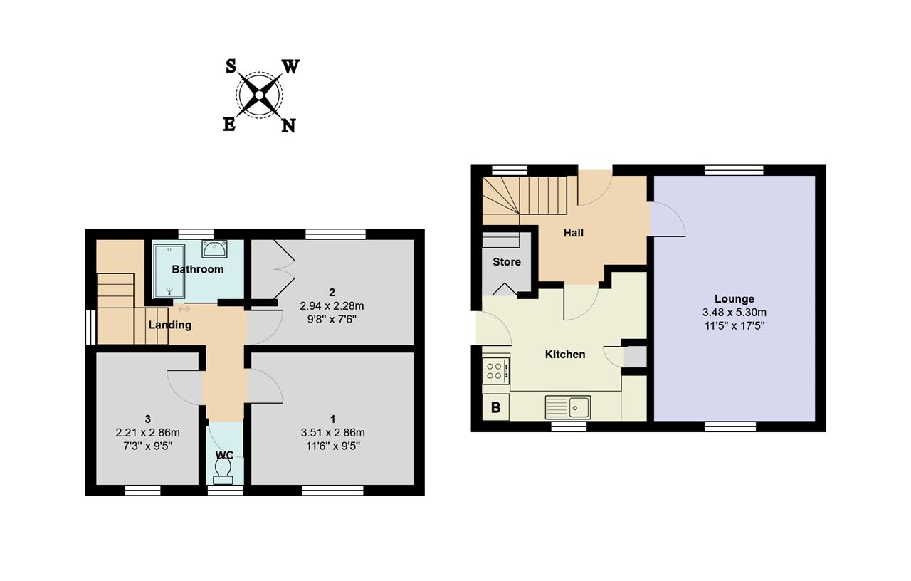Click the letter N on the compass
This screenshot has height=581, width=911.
(288, 126)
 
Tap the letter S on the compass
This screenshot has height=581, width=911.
(231, 66)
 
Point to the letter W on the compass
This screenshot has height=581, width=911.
(291, 66)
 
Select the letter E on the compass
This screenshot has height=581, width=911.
(229, 124)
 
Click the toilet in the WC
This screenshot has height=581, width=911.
(223, 472)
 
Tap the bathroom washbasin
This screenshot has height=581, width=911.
(214, 248)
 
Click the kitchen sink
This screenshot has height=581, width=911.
(568, 407)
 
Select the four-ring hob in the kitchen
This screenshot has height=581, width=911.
(496, 371)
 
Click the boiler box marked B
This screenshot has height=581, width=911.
(495, 407)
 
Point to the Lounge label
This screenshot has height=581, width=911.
(734, 299)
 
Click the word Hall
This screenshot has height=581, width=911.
(574, 233)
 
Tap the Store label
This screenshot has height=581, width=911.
(507, 261)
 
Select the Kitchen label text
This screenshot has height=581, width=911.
(565, 355)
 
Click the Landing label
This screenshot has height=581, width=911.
(170, 325)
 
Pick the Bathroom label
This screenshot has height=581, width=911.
(198, 269)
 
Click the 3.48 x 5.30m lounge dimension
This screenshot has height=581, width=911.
(734, 313)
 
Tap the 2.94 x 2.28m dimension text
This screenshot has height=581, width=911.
(332, 305)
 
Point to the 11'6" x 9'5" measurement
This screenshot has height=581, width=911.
(333, 446)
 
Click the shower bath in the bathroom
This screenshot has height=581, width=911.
(169, 271)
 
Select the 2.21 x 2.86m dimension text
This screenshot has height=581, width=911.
(147, 432)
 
